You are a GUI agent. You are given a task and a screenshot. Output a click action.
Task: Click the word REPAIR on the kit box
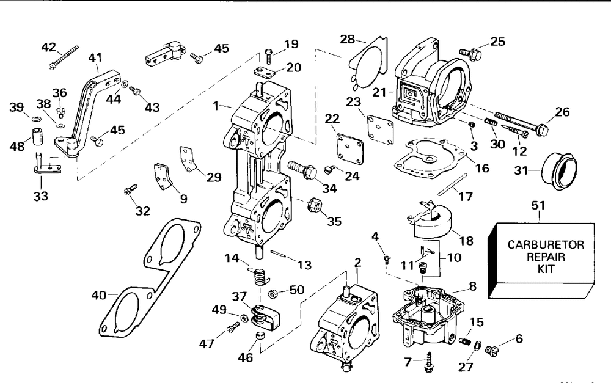pyautogui.click(x=546, y=257)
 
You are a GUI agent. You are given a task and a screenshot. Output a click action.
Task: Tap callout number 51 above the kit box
pyautogui.click(x=538, y=205)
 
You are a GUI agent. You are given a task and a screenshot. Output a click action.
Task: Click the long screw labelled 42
pyautogui.click(x=64, y=57)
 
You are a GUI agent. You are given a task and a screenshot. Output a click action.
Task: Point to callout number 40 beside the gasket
pyautogui.click(x=98, y=295)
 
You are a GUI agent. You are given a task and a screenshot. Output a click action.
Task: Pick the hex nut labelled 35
pyautogui.click(x=313, y=205)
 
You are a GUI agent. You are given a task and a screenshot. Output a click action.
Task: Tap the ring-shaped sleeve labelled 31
pyautogui.click(x=560, y=172)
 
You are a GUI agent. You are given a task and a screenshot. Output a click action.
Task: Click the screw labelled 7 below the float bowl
pyautogui.click(x=430, y=361)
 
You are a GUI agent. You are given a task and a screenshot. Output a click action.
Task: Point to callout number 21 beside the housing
pyautogui.click(x=379, y=92)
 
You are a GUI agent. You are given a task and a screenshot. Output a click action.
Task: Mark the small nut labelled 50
pyautogui.click(x=274, y=293)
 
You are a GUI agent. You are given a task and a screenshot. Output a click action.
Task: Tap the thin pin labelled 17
pyautogui.click(x=452, y=184)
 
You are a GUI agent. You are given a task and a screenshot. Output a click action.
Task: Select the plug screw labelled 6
pyautogui.click(x=492, y=350)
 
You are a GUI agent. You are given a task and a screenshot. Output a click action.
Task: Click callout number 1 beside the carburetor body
pyautogui.click(x=216, y=105)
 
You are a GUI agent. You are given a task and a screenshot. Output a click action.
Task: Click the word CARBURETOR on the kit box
pyautogui.click(x=546, y=245)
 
